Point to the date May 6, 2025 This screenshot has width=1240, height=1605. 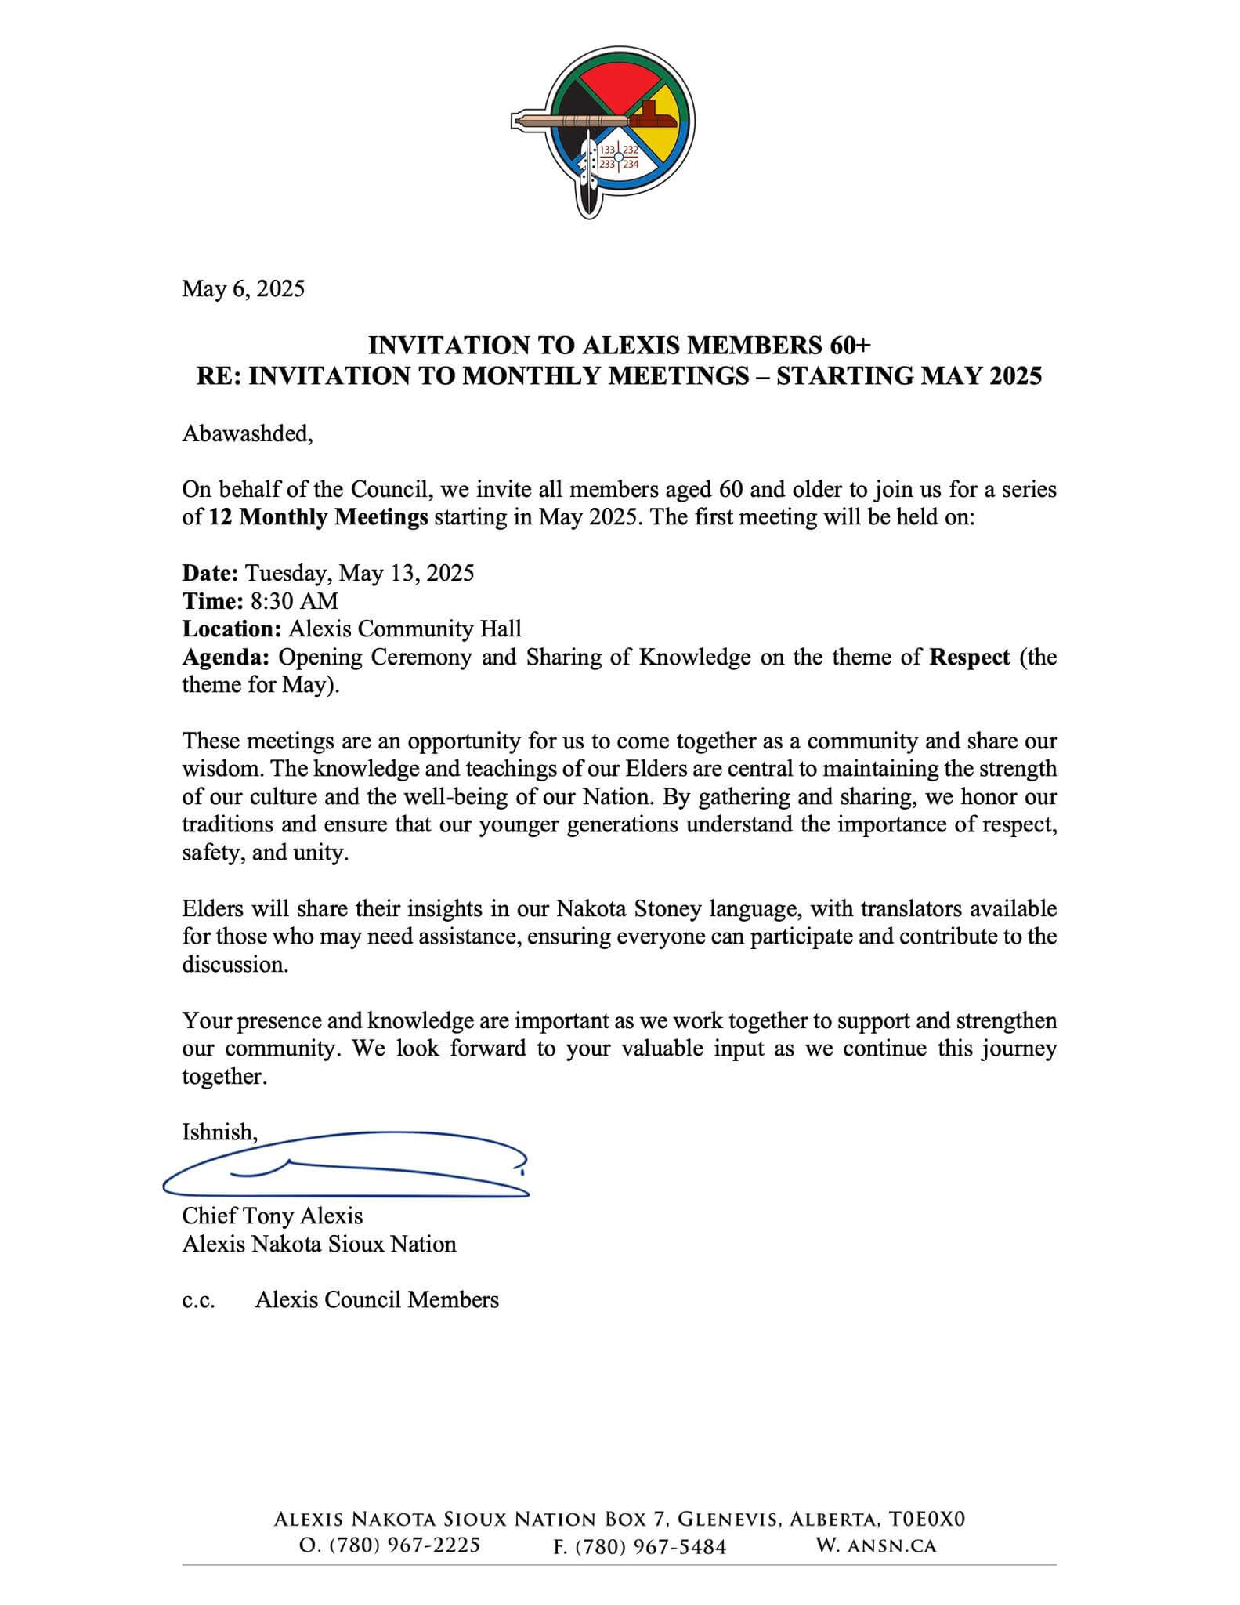pos(243,289)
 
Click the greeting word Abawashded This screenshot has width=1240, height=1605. pos(247,433)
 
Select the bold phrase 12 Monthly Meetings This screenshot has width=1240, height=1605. pos(318,517)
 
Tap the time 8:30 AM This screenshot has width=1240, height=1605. pos(294,601)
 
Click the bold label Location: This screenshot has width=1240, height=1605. pos(232,629)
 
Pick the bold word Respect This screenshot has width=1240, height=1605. pos(969,657)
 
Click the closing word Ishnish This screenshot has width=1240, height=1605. pos(219,1132)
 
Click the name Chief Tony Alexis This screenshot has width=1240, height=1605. pos(272,1216)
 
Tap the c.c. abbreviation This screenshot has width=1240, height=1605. pos(199,1299)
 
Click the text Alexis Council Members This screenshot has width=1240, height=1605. pos(377,1299)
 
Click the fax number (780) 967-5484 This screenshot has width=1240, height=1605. pos(650,1546)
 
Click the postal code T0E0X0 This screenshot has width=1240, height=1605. pos(927,1519)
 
